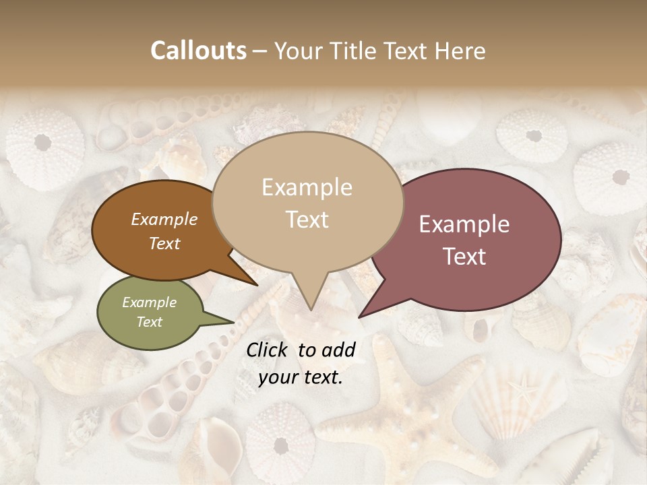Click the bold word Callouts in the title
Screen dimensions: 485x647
(x=198, y=51)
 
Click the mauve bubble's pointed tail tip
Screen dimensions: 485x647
(x=359, y=317)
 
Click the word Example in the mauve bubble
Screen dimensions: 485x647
(x=464, y=224)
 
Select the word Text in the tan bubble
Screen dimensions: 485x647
(x=307, y=220)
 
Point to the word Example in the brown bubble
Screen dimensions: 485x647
(x=164, y=219)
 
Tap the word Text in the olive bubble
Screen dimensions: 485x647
(x=149, y=322)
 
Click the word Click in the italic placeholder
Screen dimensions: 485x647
(x=268, y=350)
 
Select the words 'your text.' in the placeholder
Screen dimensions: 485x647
(x=301, y=377)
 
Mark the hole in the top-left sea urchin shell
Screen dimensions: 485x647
(x=42, y=142)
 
